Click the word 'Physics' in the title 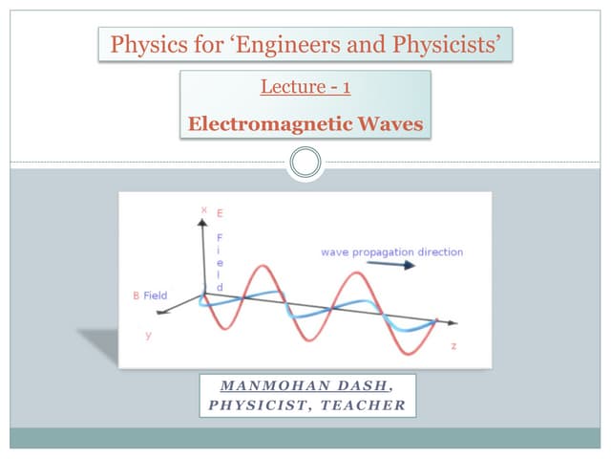pos(144,44)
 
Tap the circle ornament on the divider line pos(305,162)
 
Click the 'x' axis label pos(203,208)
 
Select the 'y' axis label pos(148,336)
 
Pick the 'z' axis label pos(453,345)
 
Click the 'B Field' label pos(150,295)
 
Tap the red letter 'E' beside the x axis pos(220,210)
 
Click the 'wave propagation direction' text pos(391,251)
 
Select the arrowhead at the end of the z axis pos(452,323)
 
